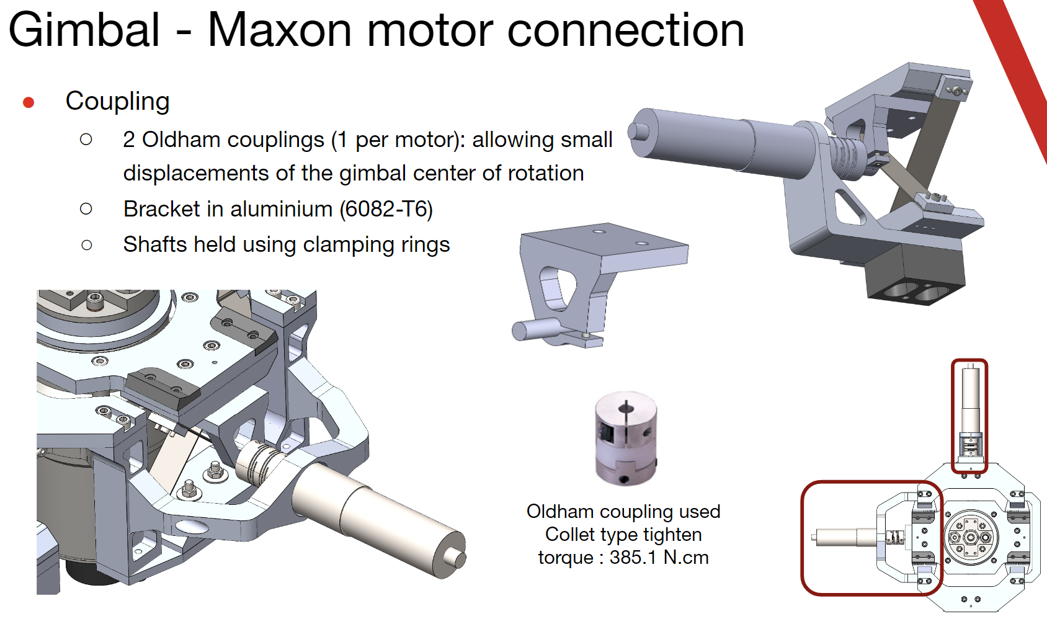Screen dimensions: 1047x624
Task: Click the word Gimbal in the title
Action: [x=84, y=30]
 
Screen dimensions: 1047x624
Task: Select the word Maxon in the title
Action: [x=280, y=30]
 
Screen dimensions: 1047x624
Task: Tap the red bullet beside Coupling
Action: [x=29, y=102]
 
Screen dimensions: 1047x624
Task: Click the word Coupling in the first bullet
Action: [x=117, y=102]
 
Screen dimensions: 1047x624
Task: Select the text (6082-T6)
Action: [x=386, y=209]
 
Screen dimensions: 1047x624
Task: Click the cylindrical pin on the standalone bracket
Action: [x=538, y=329]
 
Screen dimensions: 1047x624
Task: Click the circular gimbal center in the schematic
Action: [x=971, y=538]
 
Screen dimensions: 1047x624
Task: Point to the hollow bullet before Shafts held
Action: [x=86, y=245]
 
